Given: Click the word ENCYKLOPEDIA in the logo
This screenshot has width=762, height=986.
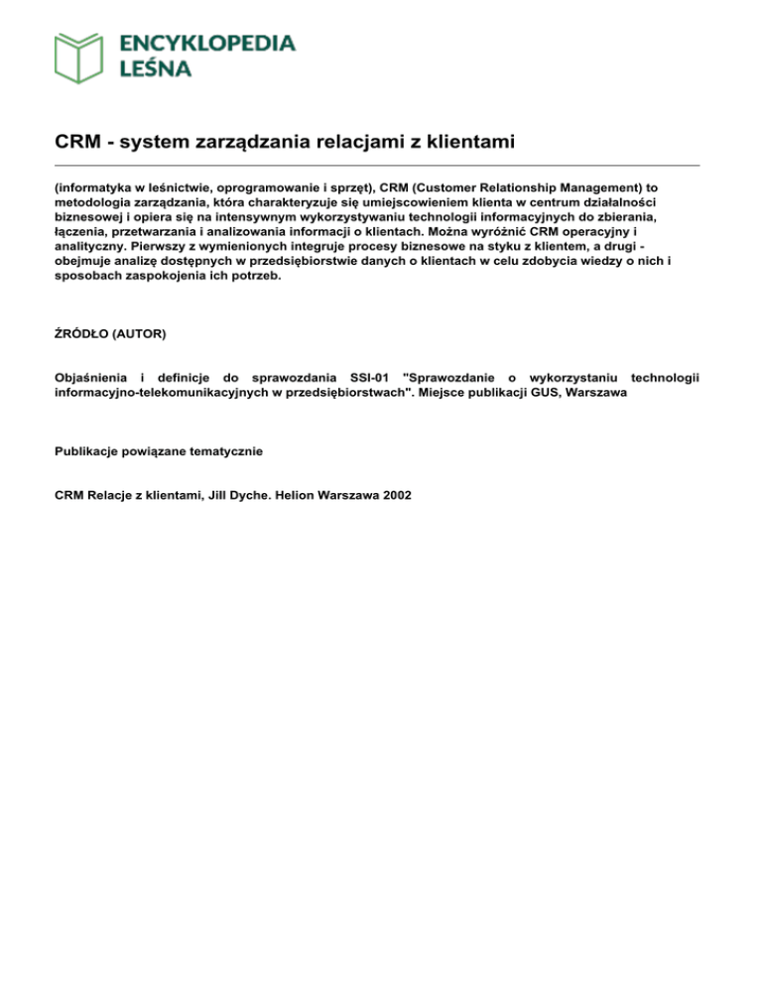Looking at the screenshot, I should point(206,43).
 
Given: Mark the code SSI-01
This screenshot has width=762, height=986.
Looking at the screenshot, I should point(372,377).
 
